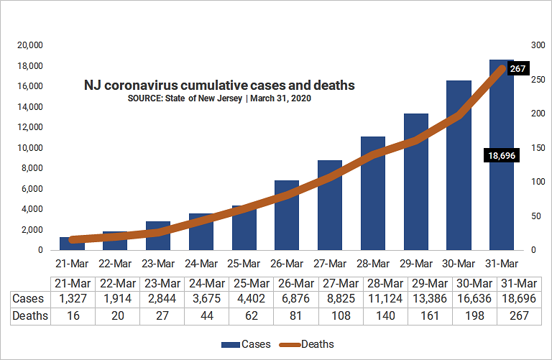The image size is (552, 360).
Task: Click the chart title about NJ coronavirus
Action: (219, 86)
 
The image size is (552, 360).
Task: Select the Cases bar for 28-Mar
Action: (373, 193)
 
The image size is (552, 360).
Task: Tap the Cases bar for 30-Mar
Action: (459, 165)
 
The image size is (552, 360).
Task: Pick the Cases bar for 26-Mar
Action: (287, 216)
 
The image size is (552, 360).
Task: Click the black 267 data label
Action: (517, 68)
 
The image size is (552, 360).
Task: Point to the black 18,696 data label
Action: (502, 155)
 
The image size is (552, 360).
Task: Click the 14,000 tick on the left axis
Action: (30, 107)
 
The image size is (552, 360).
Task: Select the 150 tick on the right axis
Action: (538, 148)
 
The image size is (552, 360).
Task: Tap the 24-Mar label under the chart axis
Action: (201, 264)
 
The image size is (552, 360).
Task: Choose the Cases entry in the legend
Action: (246, 344)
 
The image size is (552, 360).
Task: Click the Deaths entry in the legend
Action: (306, 344)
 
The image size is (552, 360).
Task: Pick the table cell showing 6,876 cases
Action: (295, 298)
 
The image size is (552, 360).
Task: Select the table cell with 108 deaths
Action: (341, 315)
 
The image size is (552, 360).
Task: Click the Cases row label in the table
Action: (28, 298)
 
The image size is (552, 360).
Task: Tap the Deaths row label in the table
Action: (30, 315)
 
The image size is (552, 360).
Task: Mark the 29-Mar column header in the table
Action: (430, 283)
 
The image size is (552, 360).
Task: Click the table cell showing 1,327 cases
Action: (73, 298)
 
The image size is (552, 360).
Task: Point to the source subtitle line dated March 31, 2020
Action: (219, 98)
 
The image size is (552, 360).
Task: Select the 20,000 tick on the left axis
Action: (30, 45)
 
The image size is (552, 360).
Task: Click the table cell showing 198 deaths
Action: (474, 315)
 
